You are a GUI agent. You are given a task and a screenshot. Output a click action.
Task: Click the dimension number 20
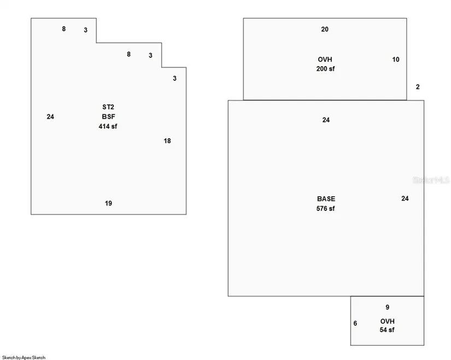325,29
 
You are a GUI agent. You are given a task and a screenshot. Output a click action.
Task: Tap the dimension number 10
396,60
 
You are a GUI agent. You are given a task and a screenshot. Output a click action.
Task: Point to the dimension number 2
418,87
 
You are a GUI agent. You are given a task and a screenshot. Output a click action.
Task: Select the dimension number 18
167,141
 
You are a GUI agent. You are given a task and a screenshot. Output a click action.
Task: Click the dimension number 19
108,203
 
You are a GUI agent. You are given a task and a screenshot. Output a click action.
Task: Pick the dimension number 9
388,308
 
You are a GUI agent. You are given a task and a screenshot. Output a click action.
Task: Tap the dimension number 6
355,323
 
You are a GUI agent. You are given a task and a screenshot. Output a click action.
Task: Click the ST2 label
108,107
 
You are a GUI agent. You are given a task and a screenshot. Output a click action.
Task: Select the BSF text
108,117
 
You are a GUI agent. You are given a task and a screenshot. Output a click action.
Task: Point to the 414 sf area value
108,126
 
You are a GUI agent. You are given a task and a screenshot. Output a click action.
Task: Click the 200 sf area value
326,69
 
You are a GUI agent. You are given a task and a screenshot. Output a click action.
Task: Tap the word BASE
326,199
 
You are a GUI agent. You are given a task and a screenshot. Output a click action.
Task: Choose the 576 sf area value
326,209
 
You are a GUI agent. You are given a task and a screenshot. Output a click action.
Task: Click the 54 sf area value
387,330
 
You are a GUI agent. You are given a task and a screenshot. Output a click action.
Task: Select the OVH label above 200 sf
325,60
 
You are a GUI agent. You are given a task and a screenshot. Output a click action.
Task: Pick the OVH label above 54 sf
388,321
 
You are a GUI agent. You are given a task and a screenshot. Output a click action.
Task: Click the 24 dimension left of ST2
50,117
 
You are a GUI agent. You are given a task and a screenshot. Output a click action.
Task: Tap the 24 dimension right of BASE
405,198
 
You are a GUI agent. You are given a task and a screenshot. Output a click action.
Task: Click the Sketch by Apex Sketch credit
24,357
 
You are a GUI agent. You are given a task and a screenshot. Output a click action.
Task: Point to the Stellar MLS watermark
431,180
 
